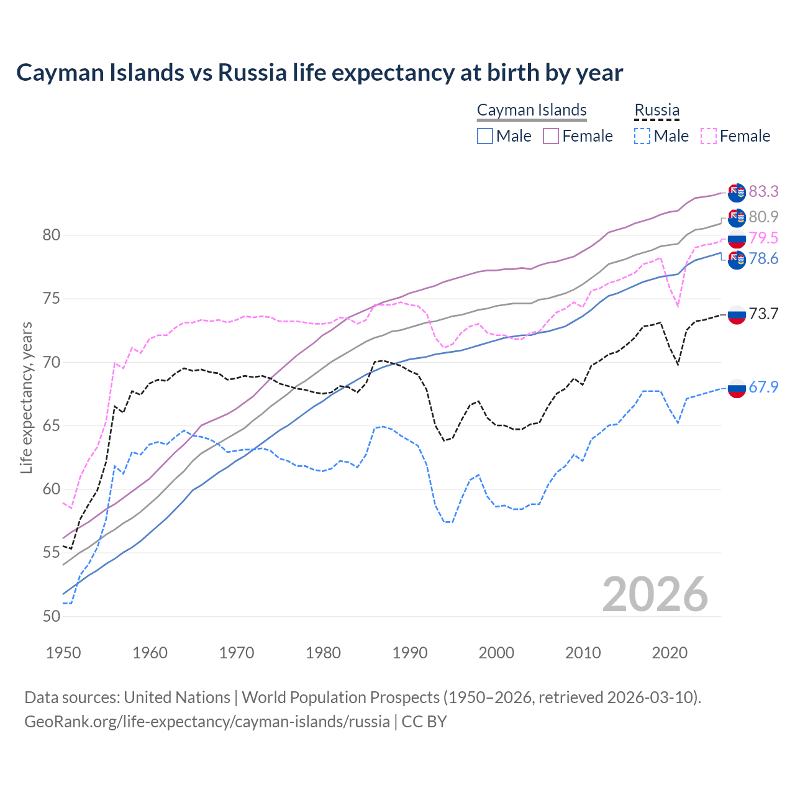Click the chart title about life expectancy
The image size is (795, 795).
(319, 73)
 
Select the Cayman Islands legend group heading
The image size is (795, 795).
(532, 110)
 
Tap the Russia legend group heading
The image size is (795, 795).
(656, 110)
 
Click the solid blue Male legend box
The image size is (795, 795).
(485, 136)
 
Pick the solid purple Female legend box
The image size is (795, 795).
(551, 136)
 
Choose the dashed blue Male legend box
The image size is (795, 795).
(642, 136)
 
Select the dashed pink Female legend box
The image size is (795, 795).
(709, 136)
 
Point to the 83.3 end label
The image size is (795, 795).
(763, 191)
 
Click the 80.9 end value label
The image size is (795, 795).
(763, 217)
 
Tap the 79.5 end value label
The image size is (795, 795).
(763, 238)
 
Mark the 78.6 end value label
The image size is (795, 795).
(763, 259)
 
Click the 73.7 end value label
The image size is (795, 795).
(763, 314)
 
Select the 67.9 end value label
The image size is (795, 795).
(763, 388)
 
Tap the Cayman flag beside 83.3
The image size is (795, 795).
(737, 193)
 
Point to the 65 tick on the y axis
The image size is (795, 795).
(52, 426)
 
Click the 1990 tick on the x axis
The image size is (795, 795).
(410, 653)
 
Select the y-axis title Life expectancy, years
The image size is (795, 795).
(26, 397)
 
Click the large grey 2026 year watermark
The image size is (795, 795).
(655, 594)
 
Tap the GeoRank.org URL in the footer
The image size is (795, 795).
(207, 722)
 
